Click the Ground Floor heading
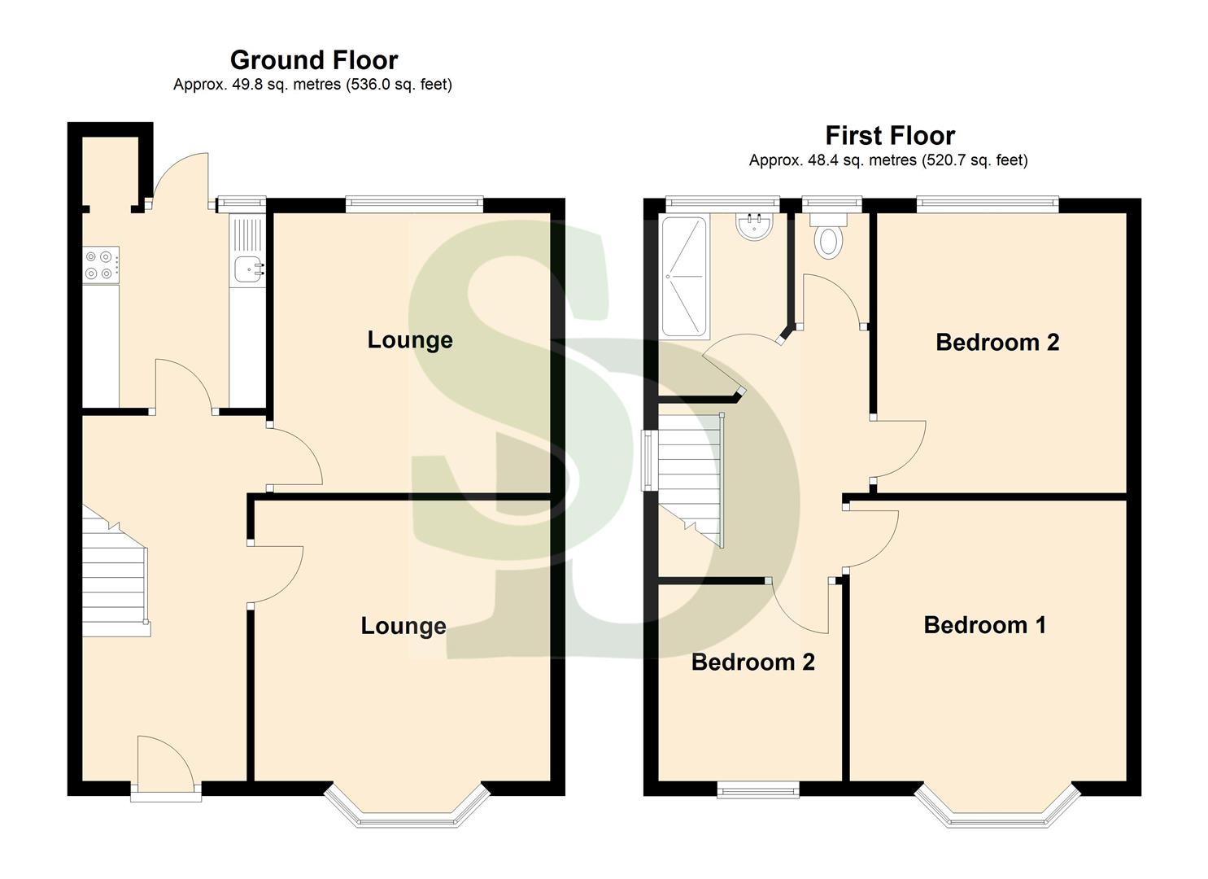click(x=313, y=60)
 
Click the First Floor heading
click(x=889, y=135)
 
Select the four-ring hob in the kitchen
click(x=101, y=265)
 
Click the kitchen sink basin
click(x=247, y=269)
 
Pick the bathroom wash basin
click(x=755, y=226)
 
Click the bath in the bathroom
click(x=684, y=277)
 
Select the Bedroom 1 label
click(x=984, y=625)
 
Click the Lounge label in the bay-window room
click(x=403, y=626)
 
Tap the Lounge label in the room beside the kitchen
click(x=410, y=340)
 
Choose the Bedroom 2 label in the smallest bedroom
click(x=752, y=663)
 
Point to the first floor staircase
click(x=690, y=480)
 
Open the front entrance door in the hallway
click(x=165, y=765)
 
